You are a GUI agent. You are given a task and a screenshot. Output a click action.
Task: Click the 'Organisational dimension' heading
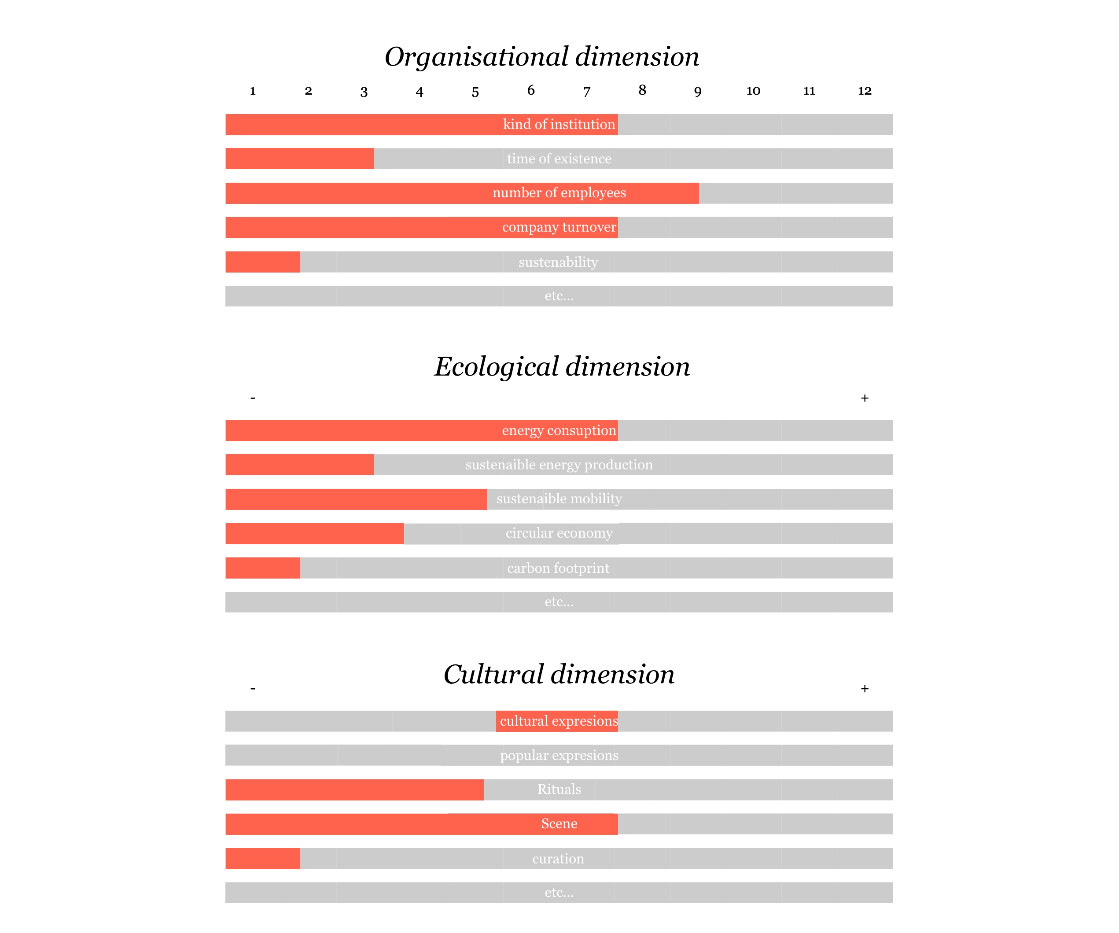pyautogui.click(x=541, y=56)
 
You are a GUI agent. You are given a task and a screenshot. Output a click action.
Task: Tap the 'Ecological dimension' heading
pyautogui.click(x=562, y=367)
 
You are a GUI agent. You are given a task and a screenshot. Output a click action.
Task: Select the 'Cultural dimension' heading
pyautogui.click(x=559, y=674)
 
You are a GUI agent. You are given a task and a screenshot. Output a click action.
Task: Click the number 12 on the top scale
pyautogui.click(x=864, y=91)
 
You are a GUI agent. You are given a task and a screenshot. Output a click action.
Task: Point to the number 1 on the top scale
pyautogui.click(x=253, y=91)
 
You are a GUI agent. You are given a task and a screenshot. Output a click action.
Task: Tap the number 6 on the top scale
pyautogui.click(x=531, y=91)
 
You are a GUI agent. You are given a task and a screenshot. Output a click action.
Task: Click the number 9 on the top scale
pyautogui.click(x=698, y=92)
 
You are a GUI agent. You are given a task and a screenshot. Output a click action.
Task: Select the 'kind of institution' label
pyautogui.click(x=559, y=125)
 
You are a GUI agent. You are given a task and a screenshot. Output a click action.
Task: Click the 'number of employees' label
pyautogui.click(x=559, y=193)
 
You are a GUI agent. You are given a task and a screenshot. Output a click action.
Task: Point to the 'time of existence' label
pyautogui.click(x=559, y=159)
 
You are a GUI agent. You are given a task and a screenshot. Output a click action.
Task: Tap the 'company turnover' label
pyautogui.click(x=559, y=228)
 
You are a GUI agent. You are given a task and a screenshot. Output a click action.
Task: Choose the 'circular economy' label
pyautogui.click(x=559, y=533)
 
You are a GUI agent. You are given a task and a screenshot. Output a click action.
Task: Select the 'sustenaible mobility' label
pyautogui.click(x=559, y=499)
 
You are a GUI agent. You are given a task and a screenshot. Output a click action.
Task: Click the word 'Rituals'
pyautogui.click(x=559, y=789)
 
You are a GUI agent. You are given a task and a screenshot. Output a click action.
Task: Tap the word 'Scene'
pyautogui.click(x=559, y=824)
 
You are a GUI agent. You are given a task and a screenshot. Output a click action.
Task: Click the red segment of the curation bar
pyautogui.click(x=263, y=859)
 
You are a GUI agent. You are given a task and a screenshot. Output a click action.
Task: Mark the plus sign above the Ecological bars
pyautogui.click(x=864, y=398)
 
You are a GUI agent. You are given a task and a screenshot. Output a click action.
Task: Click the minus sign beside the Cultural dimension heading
pyautogui.click(x=253, y=689)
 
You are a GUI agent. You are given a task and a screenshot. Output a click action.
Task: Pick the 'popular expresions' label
pyautogui.click(x=559, y=755)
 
